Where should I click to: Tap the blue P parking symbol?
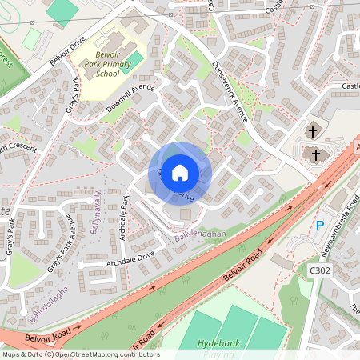click(321, 226)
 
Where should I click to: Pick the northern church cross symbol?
click(311, 130)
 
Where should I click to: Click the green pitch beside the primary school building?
click(134, 61)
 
